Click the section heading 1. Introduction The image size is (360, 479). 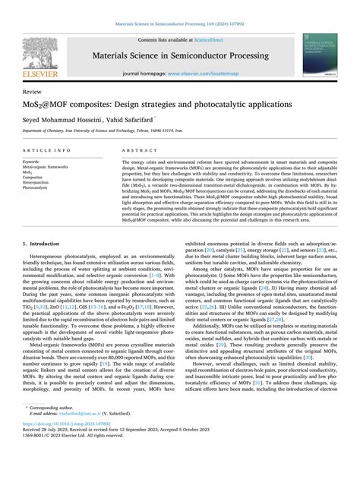click(x=44, y=223)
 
